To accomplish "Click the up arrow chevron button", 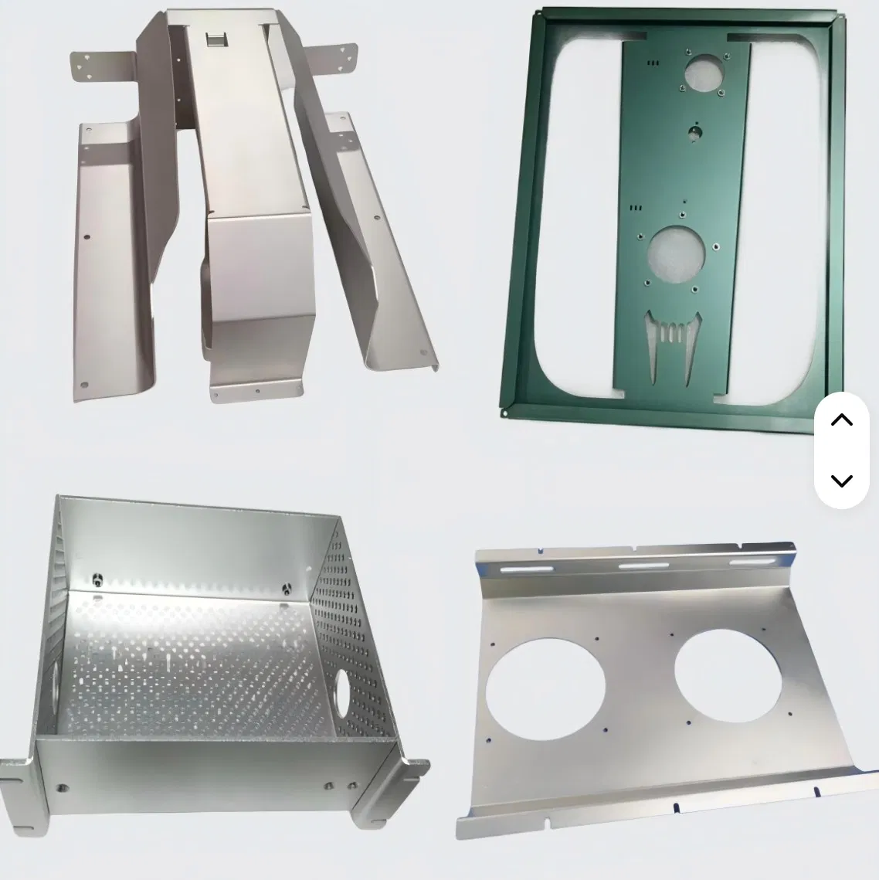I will [841, 420].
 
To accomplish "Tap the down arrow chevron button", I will [841, 481].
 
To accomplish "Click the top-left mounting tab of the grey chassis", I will [101, 65].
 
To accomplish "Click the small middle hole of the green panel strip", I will [696, 132].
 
